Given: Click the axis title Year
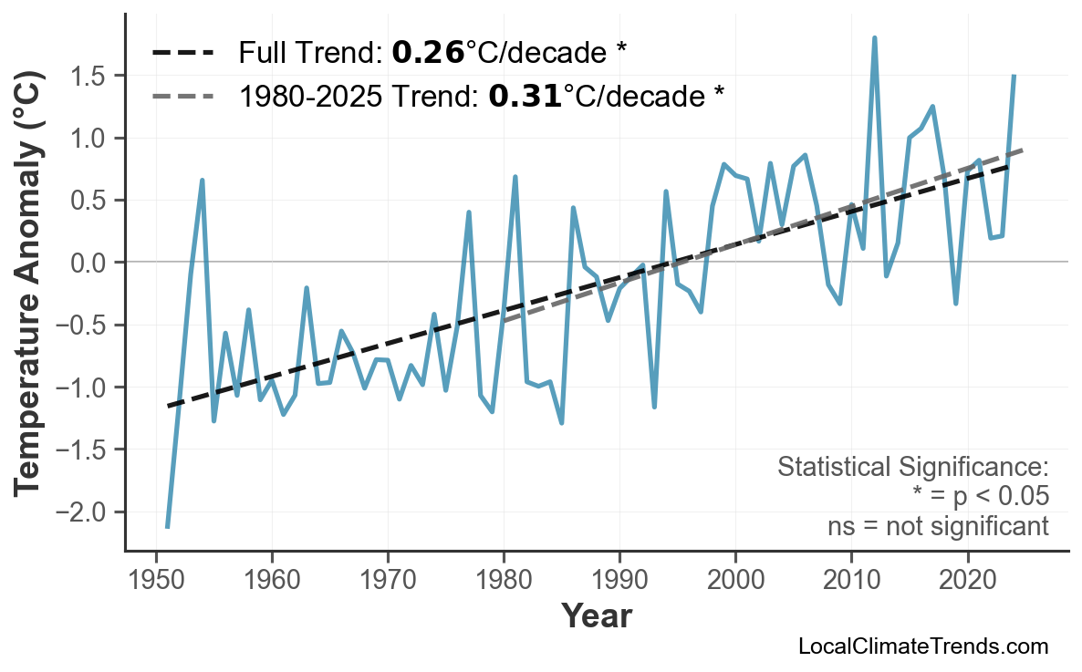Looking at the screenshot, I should (x=596, y=616).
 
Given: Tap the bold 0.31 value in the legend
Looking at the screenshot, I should (x=525, y=95).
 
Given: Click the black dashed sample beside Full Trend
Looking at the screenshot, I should (x=183, y=53).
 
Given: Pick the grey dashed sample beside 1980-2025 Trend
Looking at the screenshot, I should (x=183, y=95).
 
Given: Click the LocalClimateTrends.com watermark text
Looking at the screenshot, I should (x=923, y=646).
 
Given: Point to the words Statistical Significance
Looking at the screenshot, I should (x=912, y=468).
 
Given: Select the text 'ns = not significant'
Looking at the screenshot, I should (x=938, y=526).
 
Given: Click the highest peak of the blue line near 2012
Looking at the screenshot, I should (x=874, y=38).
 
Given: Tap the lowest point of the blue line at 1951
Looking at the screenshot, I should (x=167, y=527).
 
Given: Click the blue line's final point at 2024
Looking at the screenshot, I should (x=1014, y=77).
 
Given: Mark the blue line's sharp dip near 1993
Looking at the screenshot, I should (x=654, y=406).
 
